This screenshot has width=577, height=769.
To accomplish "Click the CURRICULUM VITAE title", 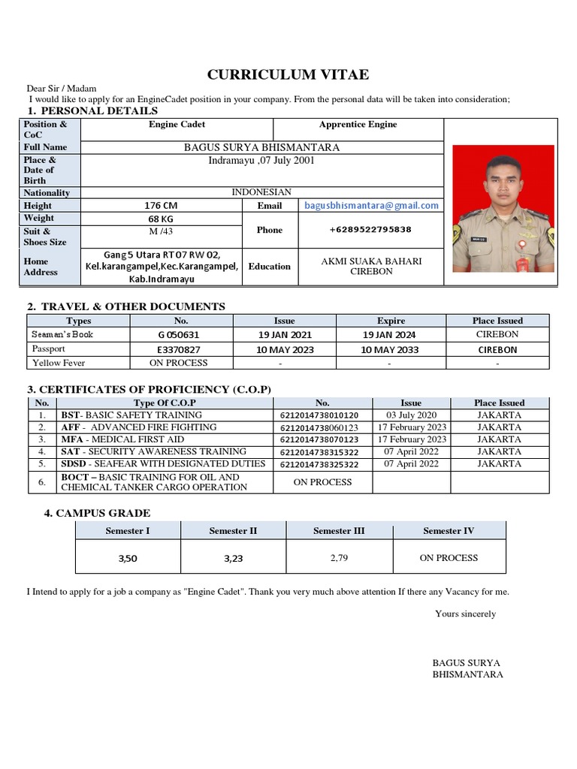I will (x=288, y=74).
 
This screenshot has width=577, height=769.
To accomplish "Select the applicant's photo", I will (x=503, y=208).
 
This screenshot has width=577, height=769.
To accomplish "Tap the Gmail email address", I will (x=371, y=205).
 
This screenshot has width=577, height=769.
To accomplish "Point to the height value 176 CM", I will (x=162, y=206).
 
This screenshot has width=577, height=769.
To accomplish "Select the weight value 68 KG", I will (x=161, y=219).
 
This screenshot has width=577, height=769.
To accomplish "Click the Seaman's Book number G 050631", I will (x=179, y=335).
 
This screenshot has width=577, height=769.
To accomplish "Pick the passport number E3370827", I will (x=179, y=349).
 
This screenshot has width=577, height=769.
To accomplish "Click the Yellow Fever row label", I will (x=59, y=363).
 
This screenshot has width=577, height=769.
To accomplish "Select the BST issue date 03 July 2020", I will (x=411, y=415).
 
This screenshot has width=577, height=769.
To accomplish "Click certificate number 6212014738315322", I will (x=319, y=452).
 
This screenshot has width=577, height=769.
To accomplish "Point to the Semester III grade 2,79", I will (x=339, y=558).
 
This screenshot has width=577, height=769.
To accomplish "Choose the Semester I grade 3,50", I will (x=128, y=559).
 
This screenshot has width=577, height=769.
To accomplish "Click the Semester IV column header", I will (x=449, y=531).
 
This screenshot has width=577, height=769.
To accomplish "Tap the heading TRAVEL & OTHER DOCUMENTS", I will (x=133, y=306).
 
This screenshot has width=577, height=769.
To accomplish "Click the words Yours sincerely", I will (x=466, y=614).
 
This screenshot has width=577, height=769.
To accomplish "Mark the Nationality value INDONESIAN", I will (x=261, y=192).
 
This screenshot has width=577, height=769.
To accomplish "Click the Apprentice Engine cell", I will (x=358, y=125).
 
